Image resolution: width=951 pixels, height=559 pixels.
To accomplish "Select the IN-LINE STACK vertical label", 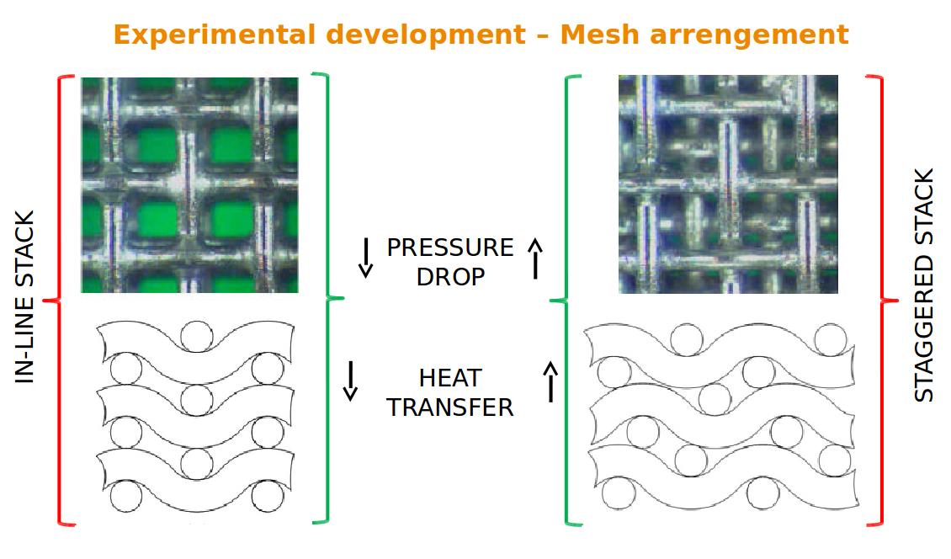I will (26, 297).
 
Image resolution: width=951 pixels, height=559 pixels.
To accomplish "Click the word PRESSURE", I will (449, 248).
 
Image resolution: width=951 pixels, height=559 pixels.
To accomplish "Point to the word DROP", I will (450, 276).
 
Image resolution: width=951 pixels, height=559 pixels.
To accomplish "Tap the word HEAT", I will (450, 378).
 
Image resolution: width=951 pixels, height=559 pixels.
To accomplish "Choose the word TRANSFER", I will (450, 407).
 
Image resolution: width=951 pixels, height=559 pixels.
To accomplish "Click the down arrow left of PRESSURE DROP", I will (365, 257).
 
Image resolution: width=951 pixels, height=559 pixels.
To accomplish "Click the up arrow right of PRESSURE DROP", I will (535, 257).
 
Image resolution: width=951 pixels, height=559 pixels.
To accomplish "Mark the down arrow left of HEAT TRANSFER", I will (350, 381).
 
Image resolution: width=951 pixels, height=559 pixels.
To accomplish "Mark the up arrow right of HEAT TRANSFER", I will (551, 381).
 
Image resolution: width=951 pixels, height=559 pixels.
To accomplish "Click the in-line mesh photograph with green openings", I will (189, 184).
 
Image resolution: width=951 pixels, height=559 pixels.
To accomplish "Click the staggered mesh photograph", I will (728, 184).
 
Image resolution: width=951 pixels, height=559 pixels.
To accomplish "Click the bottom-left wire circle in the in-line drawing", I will (127, 497).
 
